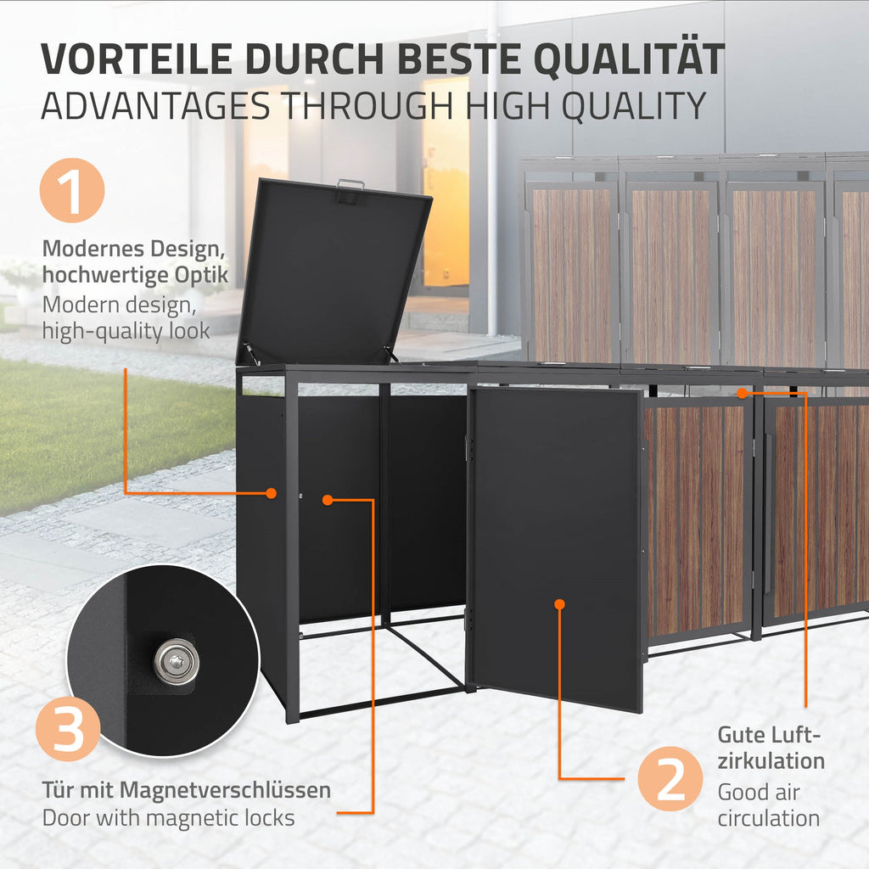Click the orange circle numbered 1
[72, 191]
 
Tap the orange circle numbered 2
[670, 779]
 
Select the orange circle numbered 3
[68, 729]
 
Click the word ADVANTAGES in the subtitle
[156, 106]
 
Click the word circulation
[769, 819]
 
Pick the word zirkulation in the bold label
[771, 761]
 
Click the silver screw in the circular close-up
[177, 661]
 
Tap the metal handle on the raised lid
[350, 184]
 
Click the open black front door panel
[557, 549]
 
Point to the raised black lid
[333, 272]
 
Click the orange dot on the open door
[559, 604]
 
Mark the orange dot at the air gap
[742, 393]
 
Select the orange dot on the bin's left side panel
[271, 493]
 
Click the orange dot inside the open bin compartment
[328, 500]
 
